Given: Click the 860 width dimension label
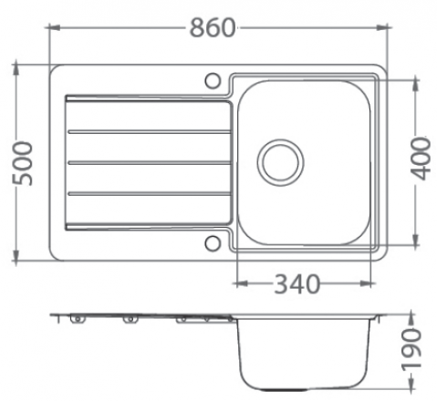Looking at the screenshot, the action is pyautogui.click(x=213, y=27).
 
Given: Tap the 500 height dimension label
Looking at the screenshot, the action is pyautogui.click(x=22, y=163).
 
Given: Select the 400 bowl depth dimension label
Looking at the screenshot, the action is pyautogui.click(x=421, y=159).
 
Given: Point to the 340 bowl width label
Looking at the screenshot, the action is pyautogui.click(x=297, y=284).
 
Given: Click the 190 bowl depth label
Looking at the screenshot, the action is pyautogui.click(x=412, y=348).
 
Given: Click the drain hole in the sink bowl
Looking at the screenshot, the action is pyautogui.click(x=280, y=162).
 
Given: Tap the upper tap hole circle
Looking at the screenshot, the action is pyautogui.click(x=213, y=81).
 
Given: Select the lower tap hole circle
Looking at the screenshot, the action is pyautogui.click(x=213, y=243).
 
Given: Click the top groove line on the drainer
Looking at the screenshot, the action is pyautogui.click(x=150, y=132).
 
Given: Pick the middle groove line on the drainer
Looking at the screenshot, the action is pyautogui.click(x=150, y=163).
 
